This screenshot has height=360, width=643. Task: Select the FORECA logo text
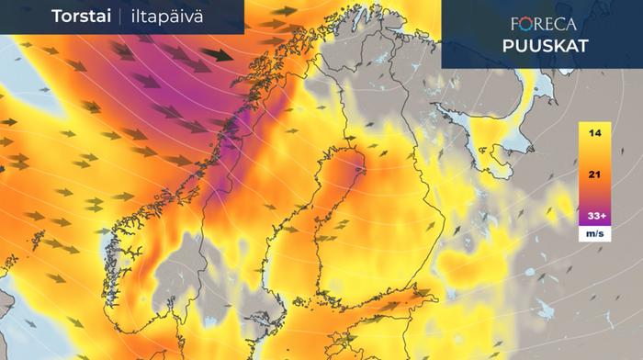click(543, 25)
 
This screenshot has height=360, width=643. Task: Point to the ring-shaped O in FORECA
click(531, 25)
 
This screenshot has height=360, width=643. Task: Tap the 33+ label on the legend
click(595, 216)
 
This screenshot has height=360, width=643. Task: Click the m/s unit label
click(595, 234)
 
